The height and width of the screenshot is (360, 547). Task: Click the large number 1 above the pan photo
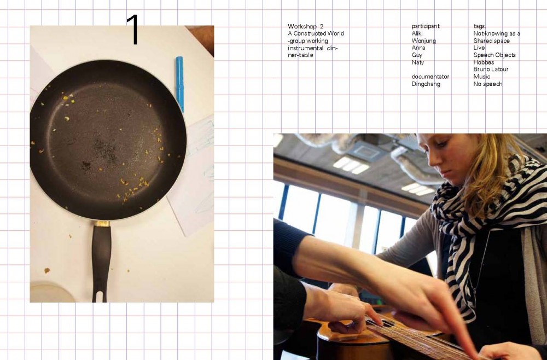(133, 30)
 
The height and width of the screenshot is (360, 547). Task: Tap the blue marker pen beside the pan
(179, 84)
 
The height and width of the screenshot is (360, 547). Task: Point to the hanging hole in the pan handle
(100, 297)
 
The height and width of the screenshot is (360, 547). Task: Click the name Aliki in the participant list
(417, 33)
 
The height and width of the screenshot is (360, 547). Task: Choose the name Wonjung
(423, 41)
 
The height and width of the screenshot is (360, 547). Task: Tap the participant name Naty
(417, 62)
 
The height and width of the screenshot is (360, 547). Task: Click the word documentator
(430, 77)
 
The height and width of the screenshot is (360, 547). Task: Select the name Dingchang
(426, 84)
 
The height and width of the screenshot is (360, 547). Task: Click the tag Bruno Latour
(491, 69)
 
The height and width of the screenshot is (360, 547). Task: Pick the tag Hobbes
(484, 62)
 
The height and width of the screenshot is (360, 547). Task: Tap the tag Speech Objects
(494, 55)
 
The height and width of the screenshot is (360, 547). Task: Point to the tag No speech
(488, 84)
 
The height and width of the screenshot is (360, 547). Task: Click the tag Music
(482, 77)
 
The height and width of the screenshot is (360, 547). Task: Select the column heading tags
(479, 26)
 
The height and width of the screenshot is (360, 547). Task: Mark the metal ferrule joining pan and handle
(102, 223)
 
